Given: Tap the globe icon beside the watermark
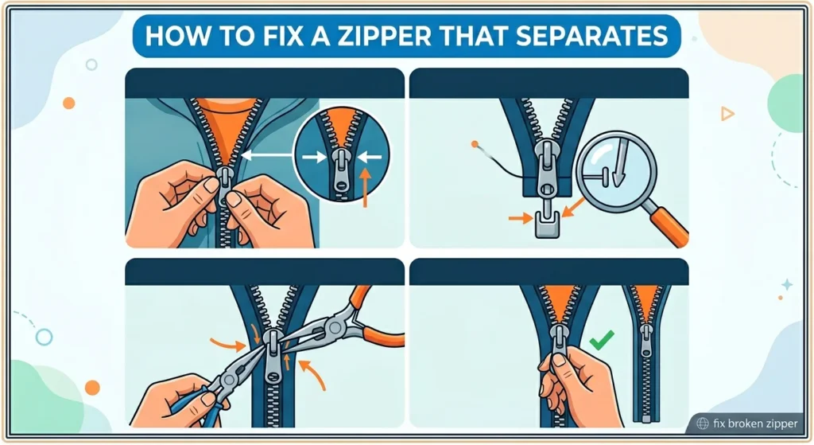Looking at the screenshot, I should [703, 424].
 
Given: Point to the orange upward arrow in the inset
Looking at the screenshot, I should [366, 186].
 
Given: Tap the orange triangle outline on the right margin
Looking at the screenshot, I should [727, 115].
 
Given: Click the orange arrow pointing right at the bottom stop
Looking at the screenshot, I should [518, 217].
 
